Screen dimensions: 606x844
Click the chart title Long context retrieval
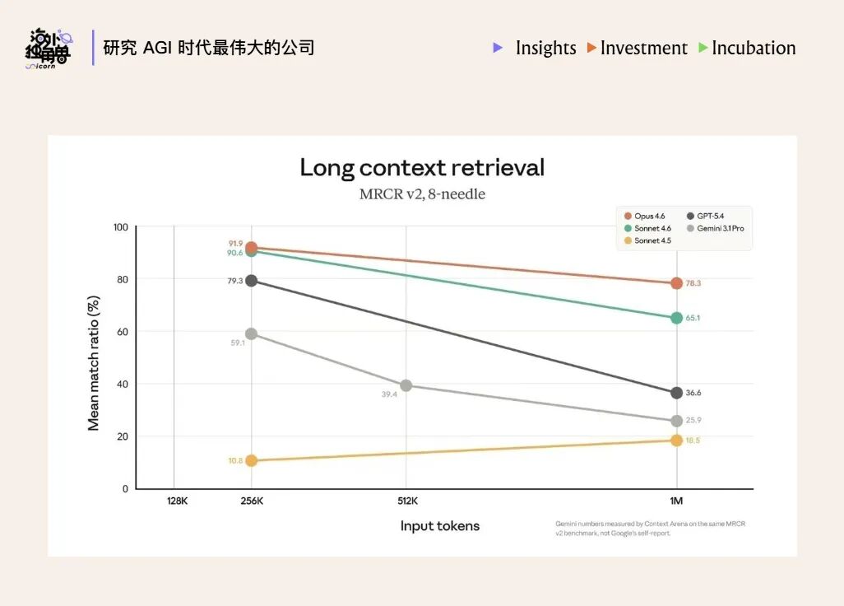tap(422, 168)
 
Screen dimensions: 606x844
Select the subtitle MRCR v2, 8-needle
tap(422, 195)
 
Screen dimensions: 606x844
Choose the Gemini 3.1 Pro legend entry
tap(720, 228)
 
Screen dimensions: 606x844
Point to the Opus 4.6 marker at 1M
tap(676, 283)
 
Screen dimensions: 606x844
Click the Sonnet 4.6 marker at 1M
tap(676, 318)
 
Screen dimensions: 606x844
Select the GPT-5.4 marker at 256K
tap(252, 281)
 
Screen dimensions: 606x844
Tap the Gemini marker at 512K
tap(406, 385)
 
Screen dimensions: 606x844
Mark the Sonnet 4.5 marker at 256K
tap(252, 460)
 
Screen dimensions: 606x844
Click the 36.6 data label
tap(693, 393)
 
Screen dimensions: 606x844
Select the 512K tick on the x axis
tap(406, 501)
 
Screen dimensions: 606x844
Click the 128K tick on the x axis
tap(176, 501)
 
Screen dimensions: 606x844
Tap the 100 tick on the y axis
tap(120, 226)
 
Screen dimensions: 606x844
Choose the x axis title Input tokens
tap(439, 526)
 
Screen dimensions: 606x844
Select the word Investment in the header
tap(643, 48)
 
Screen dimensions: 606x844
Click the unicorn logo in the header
tap(48, 49)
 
